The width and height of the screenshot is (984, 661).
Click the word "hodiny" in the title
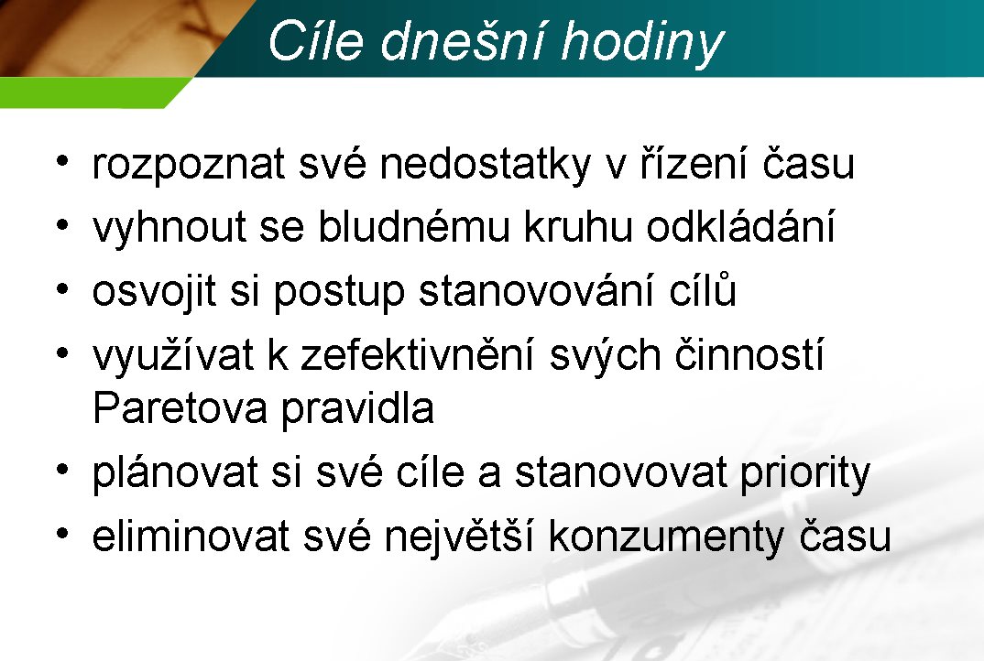tap(642, 43)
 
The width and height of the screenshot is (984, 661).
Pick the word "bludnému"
tap(414, 226)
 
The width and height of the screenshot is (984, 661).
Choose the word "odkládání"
tap(740, 226)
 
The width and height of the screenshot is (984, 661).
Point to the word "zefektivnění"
tap(417, 354)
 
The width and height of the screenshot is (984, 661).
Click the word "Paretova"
tap(180, 408)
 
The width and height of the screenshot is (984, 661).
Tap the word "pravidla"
tap(357, 410)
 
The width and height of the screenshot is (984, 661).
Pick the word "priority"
tap(805, 472)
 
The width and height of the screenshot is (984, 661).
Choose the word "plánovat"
tap(175, 472)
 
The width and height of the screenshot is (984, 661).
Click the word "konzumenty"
tap(666, 537)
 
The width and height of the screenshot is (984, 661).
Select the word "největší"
tap(459, 536)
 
